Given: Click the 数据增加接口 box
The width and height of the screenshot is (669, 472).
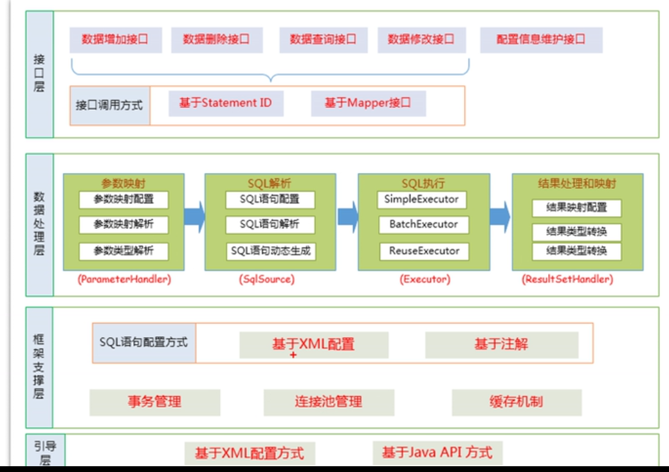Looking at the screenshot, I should point(116,40).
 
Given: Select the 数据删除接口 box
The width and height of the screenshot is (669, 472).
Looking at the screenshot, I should point(217,40).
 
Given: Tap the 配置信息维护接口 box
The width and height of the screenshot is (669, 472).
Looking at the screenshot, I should point(541,40).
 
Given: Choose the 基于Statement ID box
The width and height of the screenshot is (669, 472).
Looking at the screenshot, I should point(226,103).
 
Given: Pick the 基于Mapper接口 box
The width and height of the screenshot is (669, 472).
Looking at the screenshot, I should point(368,103).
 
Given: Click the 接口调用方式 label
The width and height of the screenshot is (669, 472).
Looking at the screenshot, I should point(109,105).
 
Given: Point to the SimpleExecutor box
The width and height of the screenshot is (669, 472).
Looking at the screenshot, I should point(422,199).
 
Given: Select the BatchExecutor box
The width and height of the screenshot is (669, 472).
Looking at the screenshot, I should point(423,224).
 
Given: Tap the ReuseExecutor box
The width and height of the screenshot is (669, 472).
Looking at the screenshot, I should point(424,251).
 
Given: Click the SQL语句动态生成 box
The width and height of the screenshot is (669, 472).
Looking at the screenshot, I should point(271,251).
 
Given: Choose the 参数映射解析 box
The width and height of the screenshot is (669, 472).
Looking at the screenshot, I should point(124,225).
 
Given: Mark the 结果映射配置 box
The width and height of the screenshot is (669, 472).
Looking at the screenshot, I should point(576,208).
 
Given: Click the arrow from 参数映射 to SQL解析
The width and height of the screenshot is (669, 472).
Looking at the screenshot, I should point(194,217).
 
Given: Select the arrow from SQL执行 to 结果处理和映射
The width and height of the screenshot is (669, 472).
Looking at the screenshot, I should point(499,217).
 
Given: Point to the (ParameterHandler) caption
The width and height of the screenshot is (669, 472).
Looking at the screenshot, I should point(124,279).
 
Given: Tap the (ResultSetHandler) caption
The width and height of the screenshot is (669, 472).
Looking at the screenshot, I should point(568,279).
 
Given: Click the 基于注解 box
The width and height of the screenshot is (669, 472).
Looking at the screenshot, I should point(502,345).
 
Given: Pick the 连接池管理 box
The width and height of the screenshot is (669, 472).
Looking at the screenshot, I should point(329,402).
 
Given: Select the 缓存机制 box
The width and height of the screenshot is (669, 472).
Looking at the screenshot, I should point(516,402).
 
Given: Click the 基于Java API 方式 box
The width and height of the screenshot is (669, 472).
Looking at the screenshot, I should point(437,453).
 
